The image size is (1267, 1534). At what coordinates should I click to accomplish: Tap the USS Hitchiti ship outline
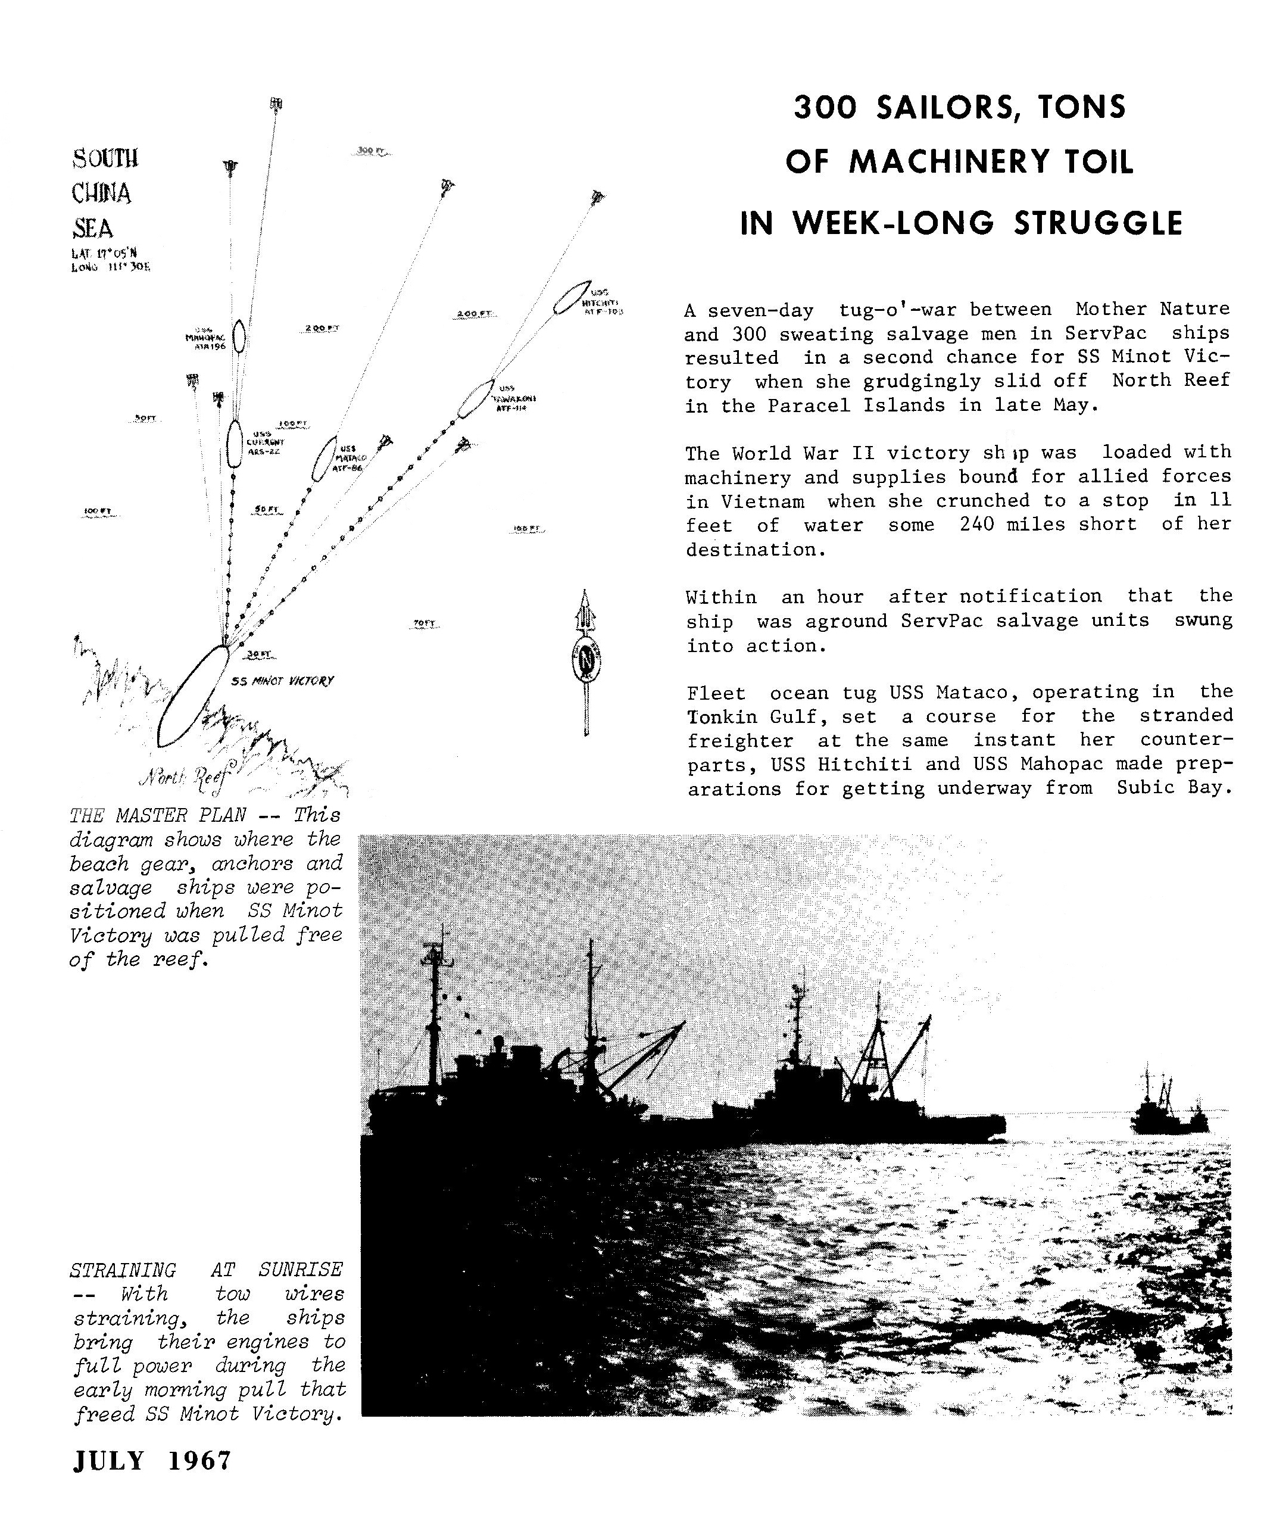coord(572,297)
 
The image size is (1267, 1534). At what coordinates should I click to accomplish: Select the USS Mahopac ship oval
coord(238,336)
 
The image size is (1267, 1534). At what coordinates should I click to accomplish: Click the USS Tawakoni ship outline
coord(475,399)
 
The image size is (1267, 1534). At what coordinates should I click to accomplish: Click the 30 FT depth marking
coord(259,654)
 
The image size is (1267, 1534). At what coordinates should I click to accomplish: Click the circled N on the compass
coord(585,661)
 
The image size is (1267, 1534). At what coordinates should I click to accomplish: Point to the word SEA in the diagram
coord(93,229)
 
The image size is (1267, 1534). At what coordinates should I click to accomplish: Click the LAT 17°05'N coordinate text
coord(104,253)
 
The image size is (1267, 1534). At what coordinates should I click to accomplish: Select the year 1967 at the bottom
coord(199,1460)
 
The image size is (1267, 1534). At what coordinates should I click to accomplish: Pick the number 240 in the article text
coord(976,524)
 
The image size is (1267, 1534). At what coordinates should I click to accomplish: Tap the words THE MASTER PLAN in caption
coord(158,815)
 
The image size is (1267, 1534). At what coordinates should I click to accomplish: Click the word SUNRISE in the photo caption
coord(300,1270)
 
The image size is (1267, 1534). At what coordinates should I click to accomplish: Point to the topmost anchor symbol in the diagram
coord(276,104)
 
